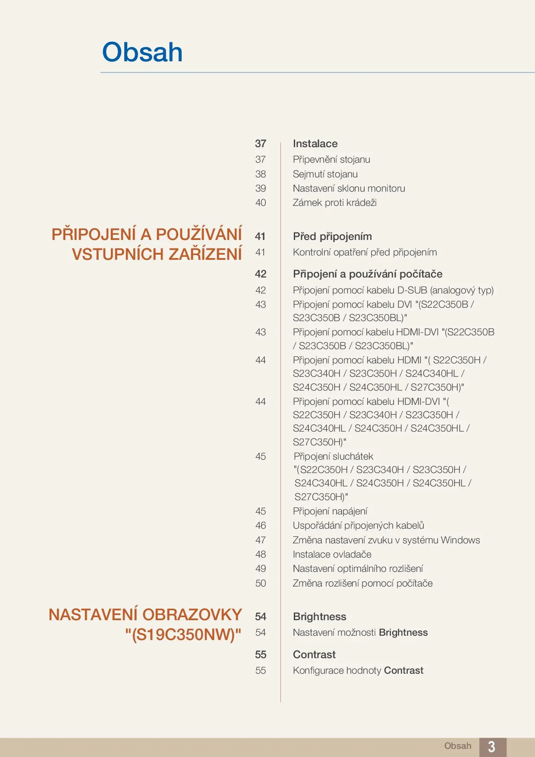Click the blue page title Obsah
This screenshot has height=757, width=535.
(142, 52)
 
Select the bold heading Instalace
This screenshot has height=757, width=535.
(315, 144)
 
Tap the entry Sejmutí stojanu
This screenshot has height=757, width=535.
(325, 174)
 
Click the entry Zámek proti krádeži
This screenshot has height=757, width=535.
(334, 202)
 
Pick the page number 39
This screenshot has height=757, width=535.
(261, 188)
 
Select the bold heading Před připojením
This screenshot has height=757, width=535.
(332, 237)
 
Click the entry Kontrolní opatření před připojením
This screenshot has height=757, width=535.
(365, 252)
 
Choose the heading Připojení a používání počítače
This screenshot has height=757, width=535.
(368, 274)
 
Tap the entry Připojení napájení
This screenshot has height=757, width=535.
(330, 511)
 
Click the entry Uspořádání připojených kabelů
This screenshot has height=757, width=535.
(358, 525)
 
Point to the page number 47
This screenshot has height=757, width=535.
(261, 540)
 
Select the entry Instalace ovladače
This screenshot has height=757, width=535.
(332, 554)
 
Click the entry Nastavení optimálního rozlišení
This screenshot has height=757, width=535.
(358, 568)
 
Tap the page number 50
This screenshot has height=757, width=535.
(261, 583)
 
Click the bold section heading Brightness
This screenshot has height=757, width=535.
(319, 617)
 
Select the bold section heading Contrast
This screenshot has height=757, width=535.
(314, 655)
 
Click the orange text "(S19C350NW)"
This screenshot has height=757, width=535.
(183, 634)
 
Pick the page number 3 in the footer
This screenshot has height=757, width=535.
(491, 746)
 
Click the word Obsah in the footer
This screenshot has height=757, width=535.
(458, 746)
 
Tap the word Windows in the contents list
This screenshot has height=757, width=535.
(460, 540)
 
